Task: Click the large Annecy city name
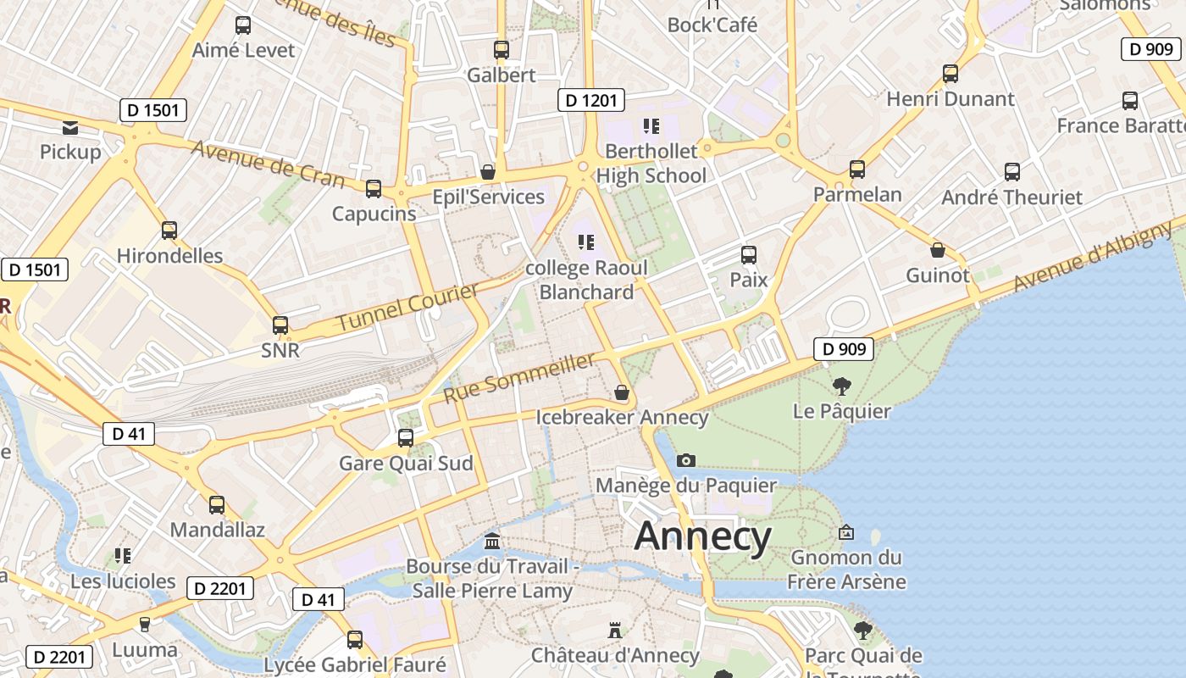click(702, 537)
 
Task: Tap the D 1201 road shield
click(591, 101)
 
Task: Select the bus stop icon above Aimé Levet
click(243, 25)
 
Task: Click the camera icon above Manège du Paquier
click(686, 460)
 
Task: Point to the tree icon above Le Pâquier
click(841, 386)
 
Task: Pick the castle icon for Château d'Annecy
click(615, 631)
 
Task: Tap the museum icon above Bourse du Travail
click(491, 541)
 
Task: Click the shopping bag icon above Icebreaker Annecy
click(622, 392)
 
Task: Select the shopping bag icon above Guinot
click(937, 250)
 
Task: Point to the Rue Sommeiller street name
click(519, 378)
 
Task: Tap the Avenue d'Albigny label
click(1093, 255)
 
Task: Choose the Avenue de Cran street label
click(268, 164)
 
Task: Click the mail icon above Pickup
click(70, 128)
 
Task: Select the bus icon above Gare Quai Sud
click(406, 438)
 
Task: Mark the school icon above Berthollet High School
click(651, 126)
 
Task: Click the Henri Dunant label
click(950, 99)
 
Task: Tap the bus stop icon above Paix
click(748, 254)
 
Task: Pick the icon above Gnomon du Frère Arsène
click(845, 532)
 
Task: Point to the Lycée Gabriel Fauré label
click(355, 664)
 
